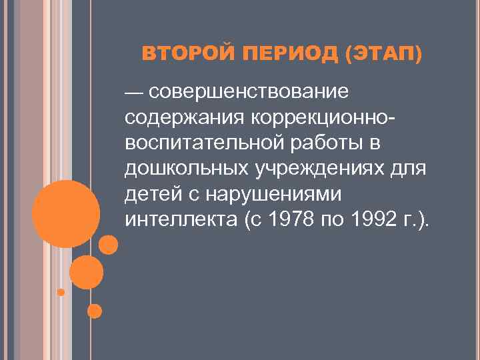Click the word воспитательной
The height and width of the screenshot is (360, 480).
(x=205, y=143)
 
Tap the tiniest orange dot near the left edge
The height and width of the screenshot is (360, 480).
(x=61, y=292)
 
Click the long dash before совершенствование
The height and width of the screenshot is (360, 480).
(x=136, y=91)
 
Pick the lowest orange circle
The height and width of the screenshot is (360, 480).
(x=95, y=311)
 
